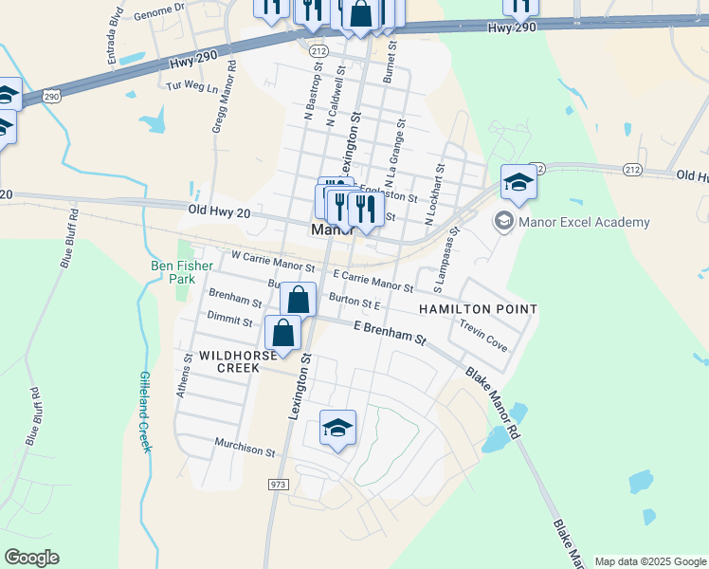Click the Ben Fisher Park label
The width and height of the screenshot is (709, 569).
(x=175, y=272)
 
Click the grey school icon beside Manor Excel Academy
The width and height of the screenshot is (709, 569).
(x=503, y=222)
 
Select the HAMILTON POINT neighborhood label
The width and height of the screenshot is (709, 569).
(x=478, y=309)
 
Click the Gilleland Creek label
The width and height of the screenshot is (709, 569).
(x=146, y=411)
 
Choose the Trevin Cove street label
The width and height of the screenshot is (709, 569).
(x=483, y=335)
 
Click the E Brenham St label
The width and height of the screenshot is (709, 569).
(x=391, y=332)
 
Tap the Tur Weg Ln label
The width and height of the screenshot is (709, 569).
(x=192, y=85)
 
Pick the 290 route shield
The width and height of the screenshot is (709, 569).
(x=52, y=96)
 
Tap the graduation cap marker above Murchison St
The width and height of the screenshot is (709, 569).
(x=337, y=429)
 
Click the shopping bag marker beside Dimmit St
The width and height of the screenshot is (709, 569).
(x=283, y=334)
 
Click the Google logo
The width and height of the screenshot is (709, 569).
(x=31, y=558)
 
